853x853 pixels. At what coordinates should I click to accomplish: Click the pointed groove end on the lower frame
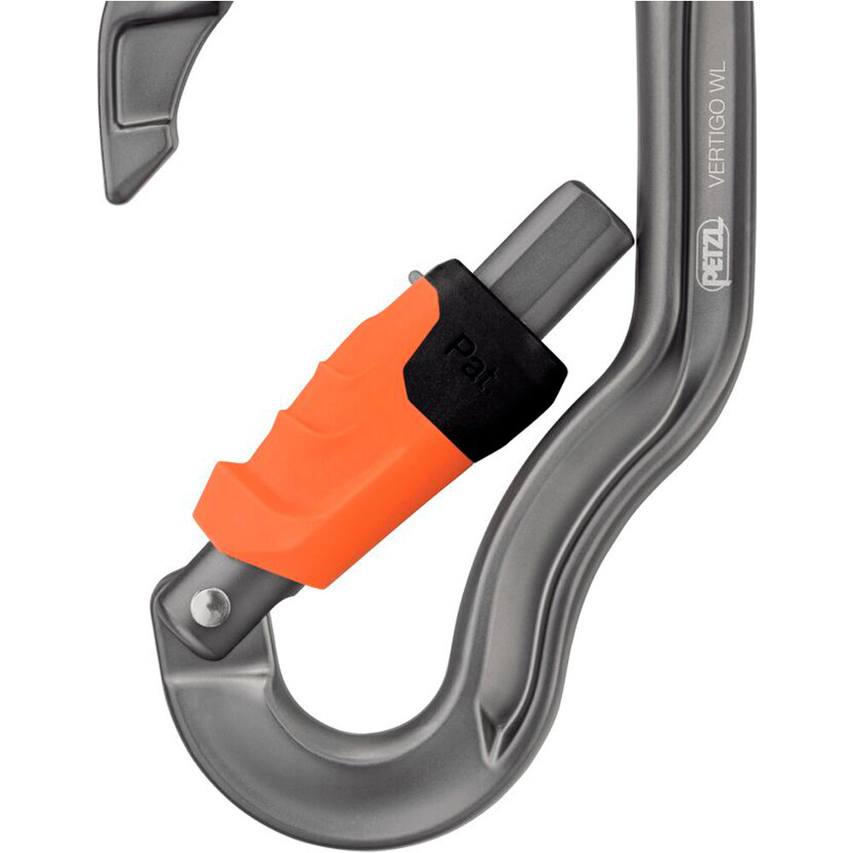coord(502,734)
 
